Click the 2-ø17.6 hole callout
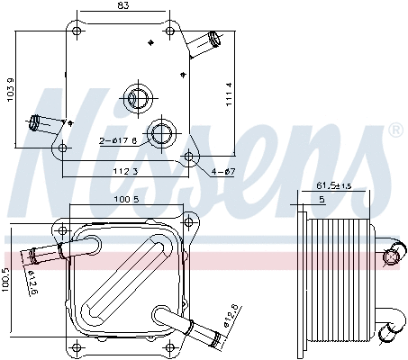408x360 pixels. click(119, 139)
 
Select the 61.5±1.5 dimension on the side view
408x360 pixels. click(332, 185)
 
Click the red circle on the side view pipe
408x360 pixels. click(390, 258)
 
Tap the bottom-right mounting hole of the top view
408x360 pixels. click(189, 157)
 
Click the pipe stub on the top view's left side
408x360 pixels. click(45, 122)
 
